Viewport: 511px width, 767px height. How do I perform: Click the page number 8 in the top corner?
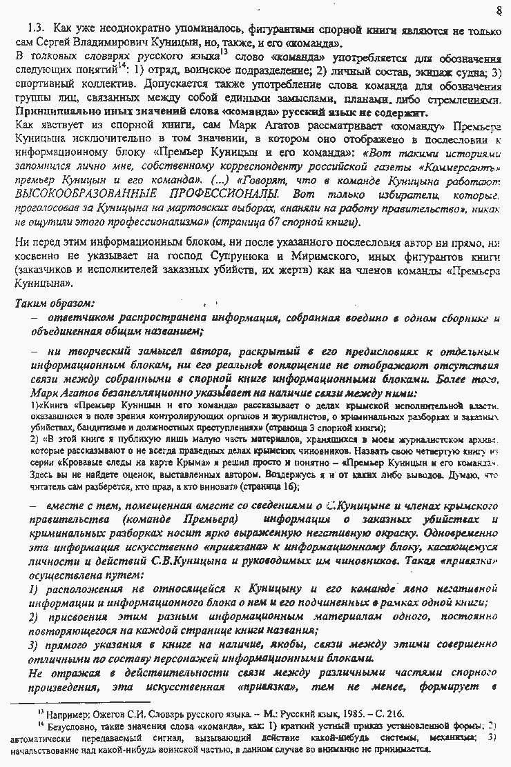coord(499,10)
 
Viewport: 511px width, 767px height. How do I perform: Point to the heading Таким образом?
coord(55,302)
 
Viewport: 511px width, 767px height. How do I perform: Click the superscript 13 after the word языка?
coord(223,51)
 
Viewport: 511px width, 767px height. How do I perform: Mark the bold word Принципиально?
coord(52,113)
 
